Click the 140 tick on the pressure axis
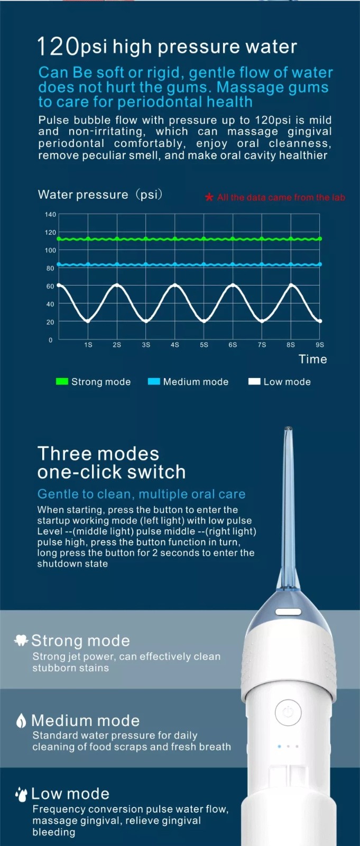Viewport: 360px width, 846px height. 50,215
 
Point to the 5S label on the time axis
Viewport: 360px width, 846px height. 204,345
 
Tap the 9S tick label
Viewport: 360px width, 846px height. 320,345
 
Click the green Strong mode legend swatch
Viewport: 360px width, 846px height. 62,381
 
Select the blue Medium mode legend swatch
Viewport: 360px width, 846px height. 154,381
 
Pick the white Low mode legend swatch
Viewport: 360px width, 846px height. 254,381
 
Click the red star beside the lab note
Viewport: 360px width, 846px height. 209,197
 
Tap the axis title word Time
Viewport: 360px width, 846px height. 313,359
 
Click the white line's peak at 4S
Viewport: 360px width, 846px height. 175,285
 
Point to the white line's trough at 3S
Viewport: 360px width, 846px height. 146,321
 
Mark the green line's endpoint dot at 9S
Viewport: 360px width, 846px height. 320,238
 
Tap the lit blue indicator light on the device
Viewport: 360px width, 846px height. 280,746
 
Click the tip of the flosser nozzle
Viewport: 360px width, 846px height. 288,429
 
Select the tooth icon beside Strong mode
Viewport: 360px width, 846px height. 21,640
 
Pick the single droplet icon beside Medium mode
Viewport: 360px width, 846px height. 21,720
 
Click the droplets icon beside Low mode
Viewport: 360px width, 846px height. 21,794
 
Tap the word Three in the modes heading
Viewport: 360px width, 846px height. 66,454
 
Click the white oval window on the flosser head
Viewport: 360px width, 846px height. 288,611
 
